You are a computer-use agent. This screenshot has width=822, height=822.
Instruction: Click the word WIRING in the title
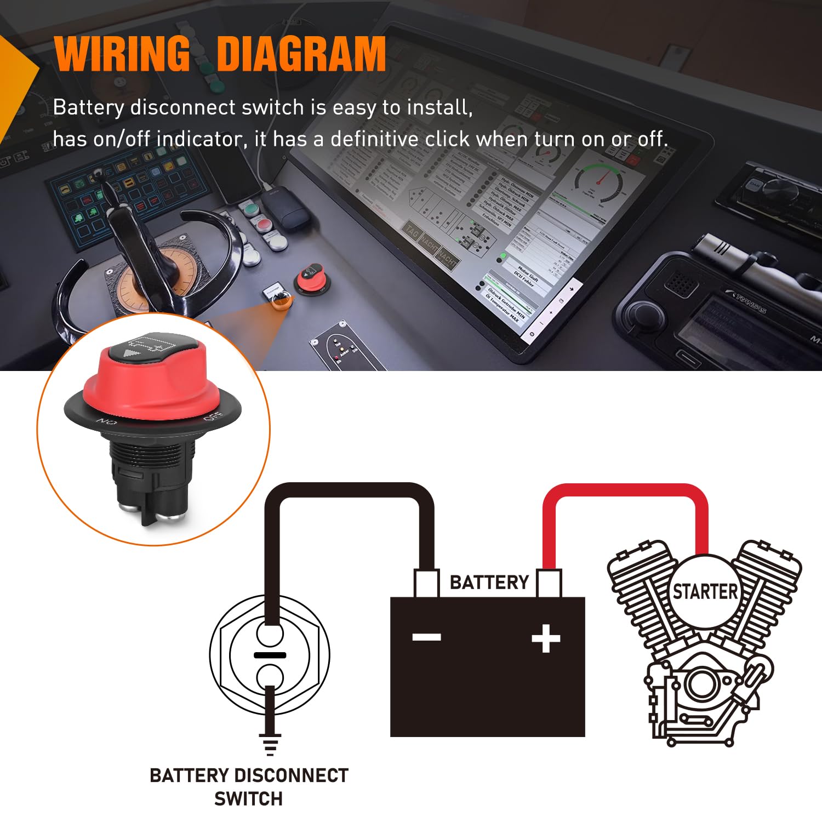[x=122, y=54]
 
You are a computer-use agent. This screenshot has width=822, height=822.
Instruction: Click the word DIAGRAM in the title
[x=301, y=54]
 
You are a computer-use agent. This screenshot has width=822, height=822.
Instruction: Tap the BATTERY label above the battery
[x=489, y=582]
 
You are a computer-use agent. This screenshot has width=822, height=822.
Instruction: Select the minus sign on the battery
[x=427, y=637]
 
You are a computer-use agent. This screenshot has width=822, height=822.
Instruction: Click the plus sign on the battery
[x=546, y=638]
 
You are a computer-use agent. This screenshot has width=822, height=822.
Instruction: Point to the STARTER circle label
[x=705, y=592]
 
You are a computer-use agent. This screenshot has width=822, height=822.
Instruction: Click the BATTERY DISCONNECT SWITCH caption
[x=249, y=787]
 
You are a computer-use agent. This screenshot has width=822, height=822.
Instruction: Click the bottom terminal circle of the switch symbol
[x=270, y=675]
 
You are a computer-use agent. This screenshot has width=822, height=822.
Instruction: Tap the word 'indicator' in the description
[x=199, y=139]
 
